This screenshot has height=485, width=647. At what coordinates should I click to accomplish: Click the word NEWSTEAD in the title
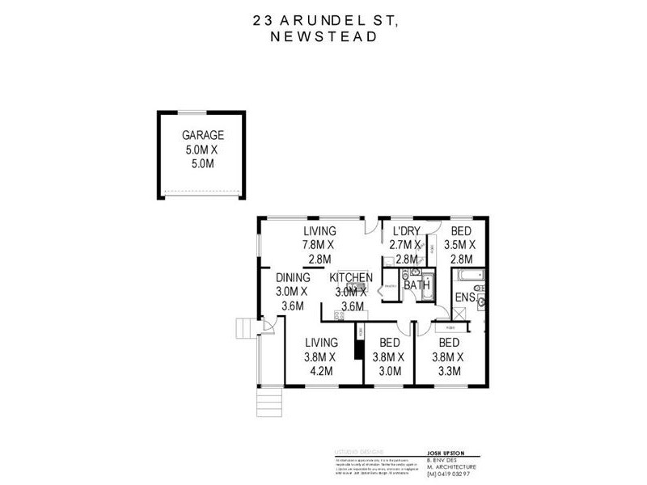click(x=323, y=36)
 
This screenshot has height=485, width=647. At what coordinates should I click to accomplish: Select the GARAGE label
click(x=202, y=135)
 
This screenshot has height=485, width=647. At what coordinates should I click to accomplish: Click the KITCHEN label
click(x=351, y=278)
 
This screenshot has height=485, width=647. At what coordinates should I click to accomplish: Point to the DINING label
click(x=292, y=278)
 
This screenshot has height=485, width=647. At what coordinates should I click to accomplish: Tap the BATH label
click(x=416, y=285)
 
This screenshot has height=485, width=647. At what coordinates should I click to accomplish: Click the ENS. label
click(x=464, y=298)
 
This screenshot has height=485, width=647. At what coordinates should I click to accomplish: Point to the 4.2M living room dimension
click(x=321, y=371)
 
